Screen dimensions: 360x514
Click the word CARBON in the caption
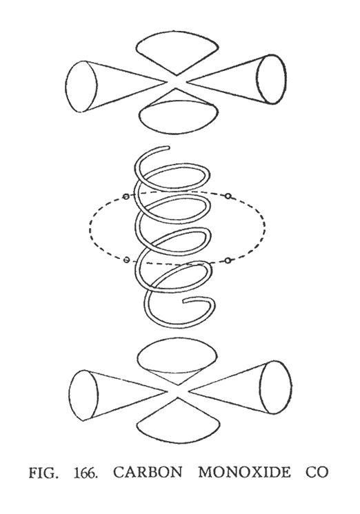tap(148, 473)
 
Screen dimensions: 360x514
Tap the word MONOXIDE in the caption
tap(244, 473)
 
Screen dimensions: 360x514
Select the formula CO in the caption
tap(317, 473)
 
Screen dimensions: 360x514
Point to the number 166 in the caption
tap(86, 473)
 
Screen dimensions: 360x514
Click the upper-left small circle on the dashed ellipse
tap(126, 196)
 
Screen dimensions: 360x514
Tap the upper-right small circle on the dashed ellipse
tap(228, 196)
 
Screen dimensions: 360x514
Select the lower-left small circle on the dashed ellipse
tap(126, 260)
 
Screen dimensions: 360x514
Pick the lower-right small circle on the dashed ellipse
tap(228, 260)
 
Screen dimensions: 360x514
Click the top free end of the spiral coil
tap(168, 149)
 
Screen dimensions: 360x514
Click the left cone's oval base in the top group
tap(81, 87)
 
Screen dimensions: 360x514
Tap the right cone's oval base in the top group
tap(271, 79)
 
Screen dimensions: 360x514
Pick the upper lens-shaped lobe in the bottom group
tap(177, 357)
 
